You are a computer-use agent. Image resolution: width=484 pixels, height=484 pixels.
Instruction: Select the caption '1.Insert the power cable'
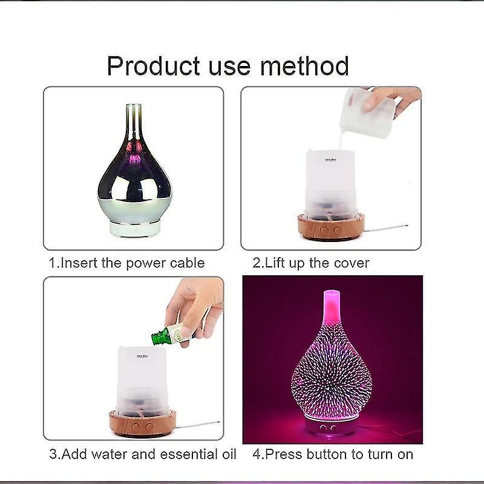coord(126,263)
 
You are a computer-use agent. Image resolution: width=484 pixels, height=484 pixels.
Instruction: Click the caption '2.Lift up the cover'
coord(311,263)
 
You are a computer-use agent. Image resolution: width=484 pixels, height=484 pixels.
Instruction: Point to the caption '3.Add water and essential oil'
coord(142,453)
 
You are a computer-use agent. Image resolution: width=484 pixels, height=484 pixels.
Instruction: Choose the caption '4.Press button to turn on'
coord(332,453)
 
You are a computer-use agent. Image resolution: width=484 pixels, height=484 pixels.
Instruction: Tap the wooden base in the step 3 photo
coord(142,423)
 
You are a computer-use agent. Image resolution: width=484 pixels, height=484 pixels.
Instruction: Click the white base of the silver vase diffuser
coord(134,228)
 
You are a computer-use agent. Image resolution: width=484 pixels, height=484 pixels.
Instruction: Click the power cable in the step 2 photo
coord(387,227)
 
